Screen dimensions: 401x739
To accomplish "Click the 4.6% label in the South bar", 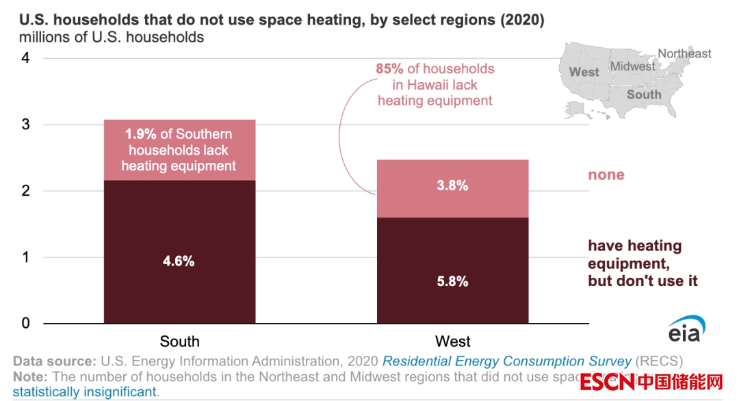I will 179,261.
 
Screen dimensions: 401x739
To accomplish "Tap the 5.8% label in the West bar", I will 452,281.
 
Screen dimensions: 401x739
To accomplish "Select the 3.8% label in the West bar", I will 452,185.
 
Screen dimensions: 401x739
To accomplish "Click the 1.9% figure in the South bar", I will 140,134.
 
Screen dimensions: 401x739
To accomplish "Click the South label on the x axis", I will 179,341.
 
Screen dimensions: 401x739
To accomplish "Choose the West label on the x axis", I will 453,341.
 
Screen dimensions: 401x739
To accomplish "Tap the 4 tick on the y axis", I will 25,58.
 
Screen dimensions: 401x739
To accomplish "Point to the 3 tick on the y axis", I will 25,125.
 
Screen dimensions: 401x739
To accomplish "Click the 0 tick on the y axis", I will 25,323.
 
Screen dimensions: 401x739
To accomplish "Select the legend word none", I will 606,174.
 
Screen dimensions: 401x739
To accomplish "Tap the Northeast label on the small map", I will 684,53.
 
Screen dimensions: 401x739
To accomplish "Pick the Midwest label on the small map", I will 632,66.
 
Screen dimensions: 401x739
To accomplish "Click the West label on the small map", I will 584,72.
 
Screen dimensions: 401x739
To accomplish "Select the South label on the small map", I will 644,94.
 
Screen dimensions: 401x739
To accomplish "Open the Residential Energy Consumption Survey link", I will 506,361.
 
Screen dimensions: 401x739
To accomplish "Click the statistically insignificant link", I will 85,392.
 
